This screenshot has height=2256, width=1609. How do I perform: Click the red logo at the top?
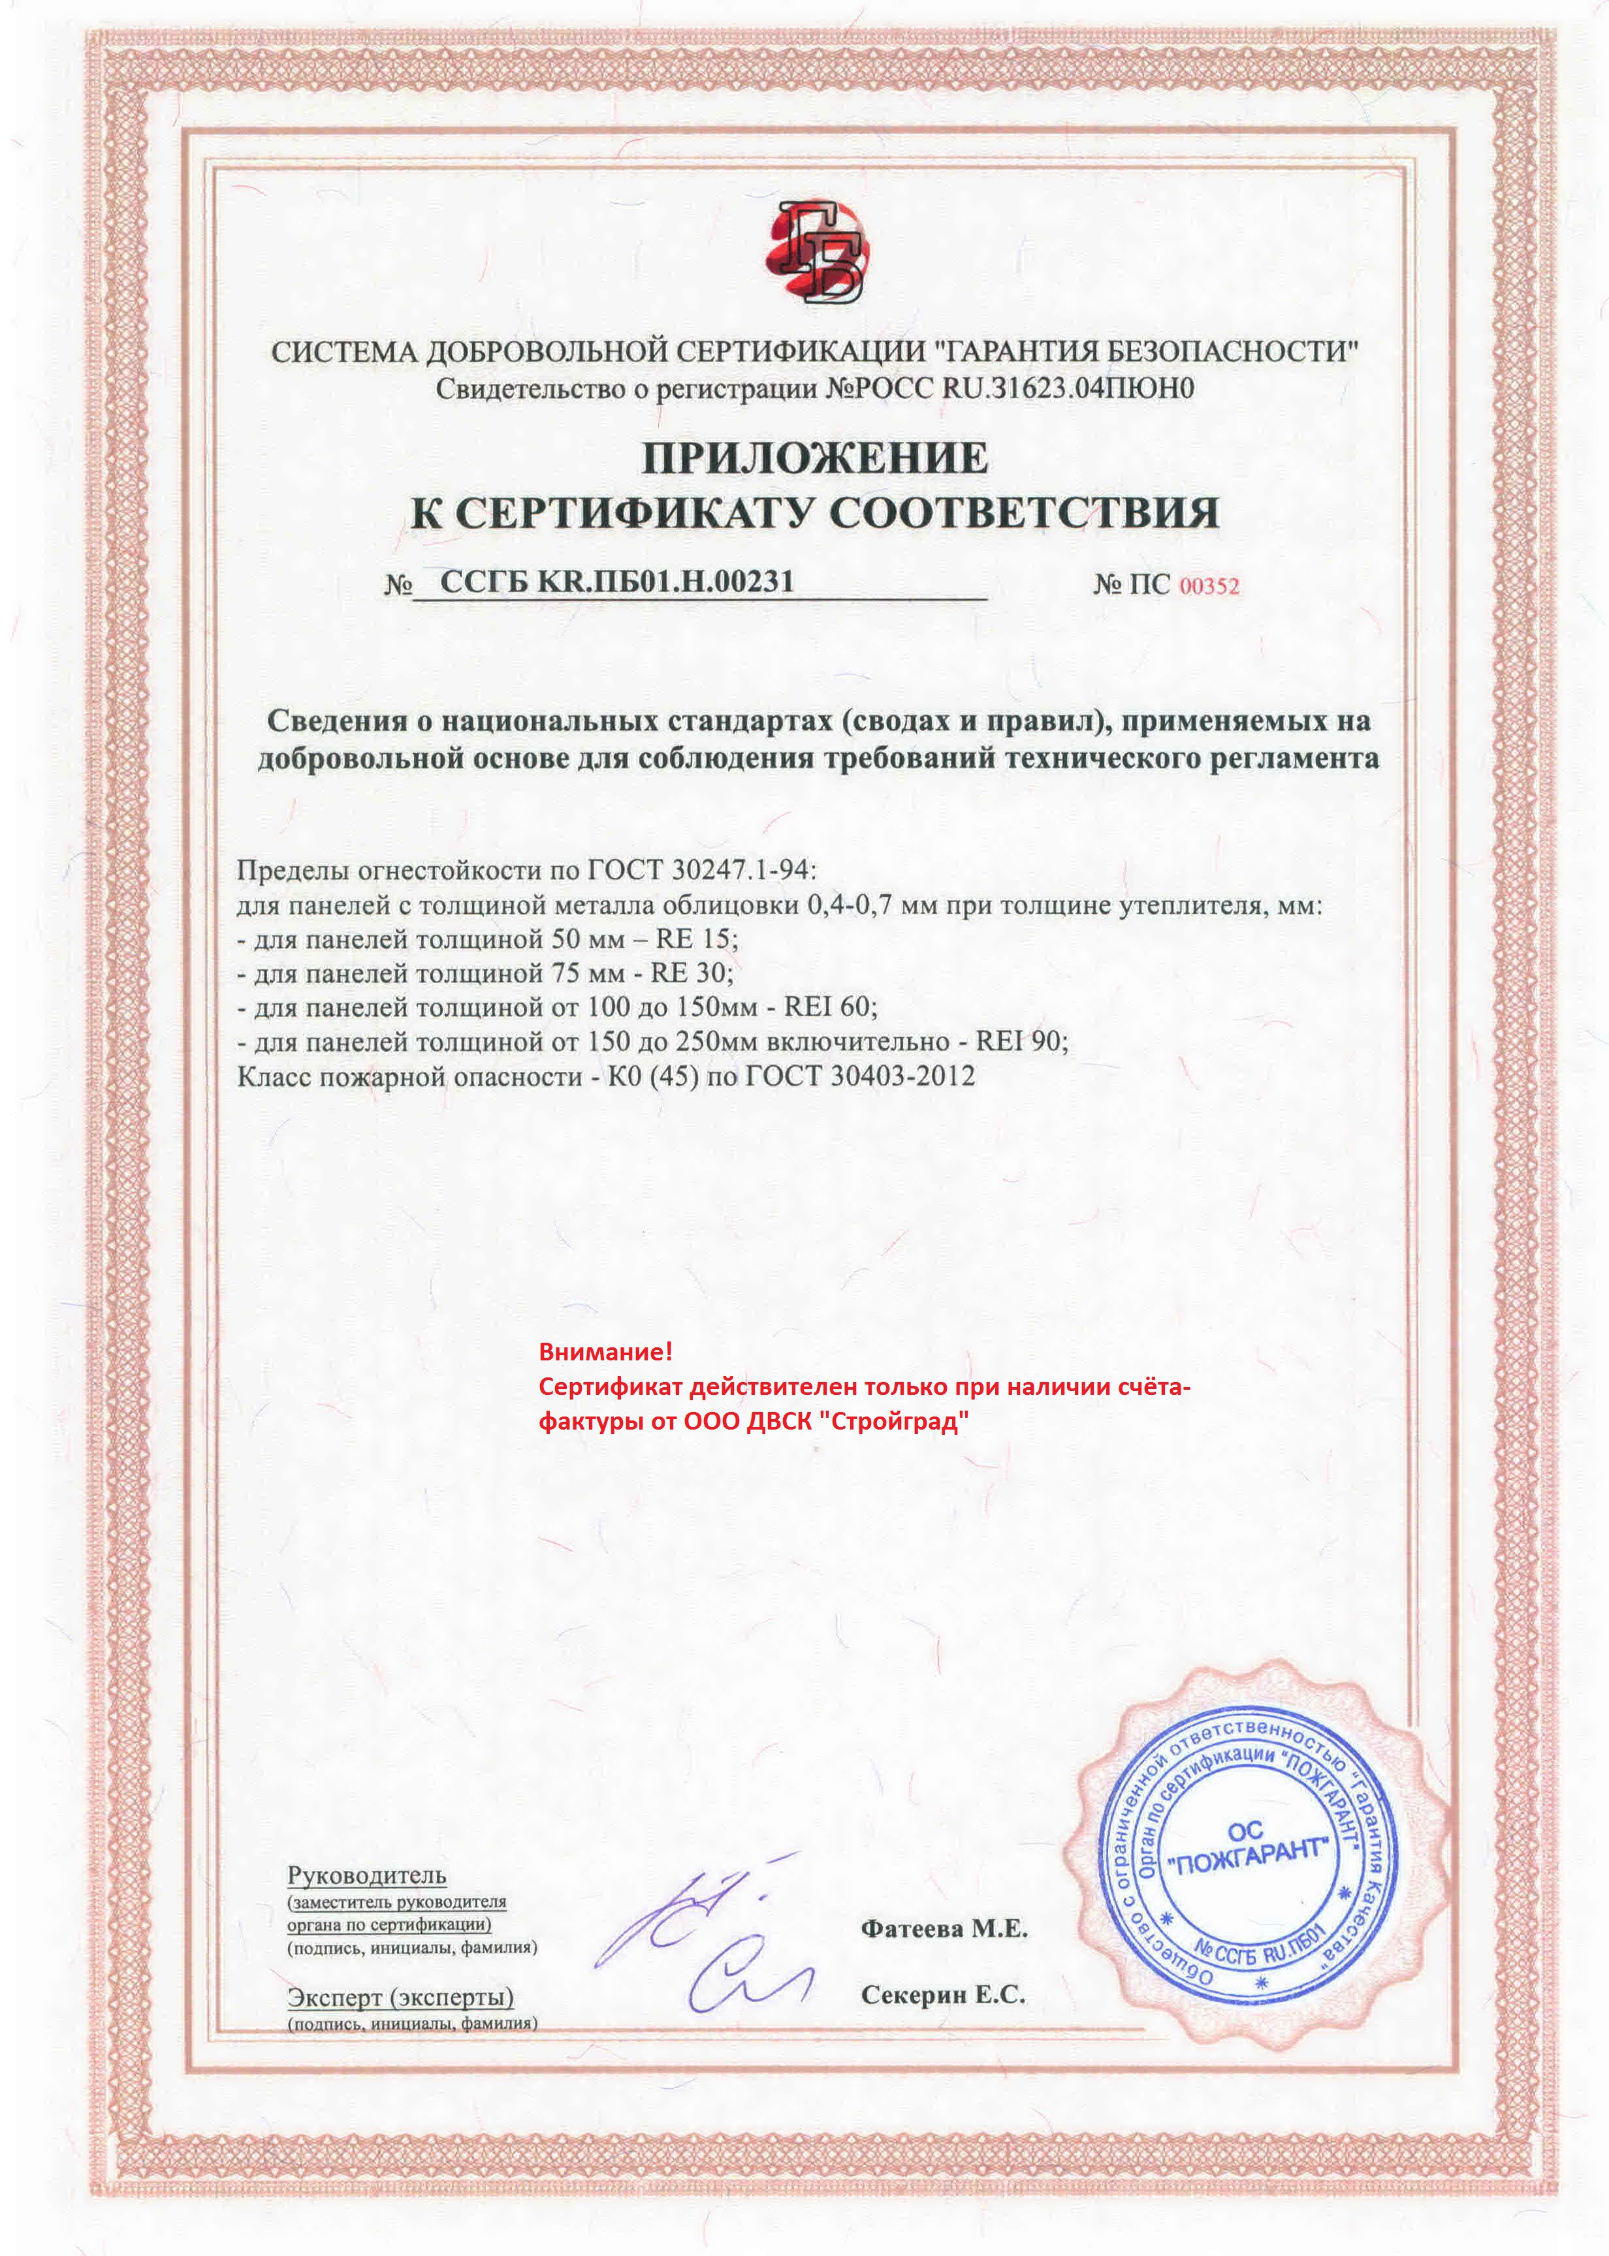816,253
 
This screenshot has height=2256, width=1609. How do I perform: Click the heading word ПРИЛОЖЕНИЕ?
814,458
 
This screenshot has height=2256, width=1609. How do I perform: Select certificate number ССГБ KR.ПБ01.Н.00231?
616,582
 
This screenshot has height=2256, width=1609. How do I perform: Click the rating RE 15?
697,938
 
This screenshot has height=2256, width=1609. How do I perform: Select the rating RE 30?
691,973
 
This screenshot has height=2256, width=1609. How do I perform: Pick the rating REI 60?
829,1007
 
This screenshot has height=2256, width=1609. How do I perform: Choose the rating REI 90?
1021,1042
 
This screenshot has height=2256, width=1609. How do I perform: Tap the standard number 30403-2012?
902,1076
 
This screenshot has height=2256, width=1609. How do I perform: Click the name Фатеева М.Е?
944,1928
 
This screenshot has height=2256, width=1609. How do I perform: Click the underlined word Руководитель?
366,1875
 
